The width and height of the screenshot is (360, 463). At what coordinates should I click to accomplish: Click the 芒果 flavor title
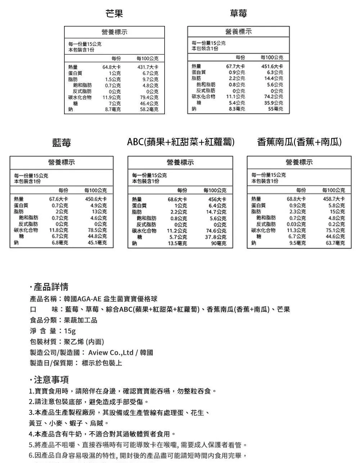(x=114, y=14)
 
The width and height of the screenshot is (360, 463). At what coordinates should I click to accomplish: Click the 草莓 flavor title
(x=238, y=14)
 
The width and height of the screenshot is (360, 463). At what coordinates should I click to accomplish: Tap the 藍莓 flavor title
(x=62, y=143)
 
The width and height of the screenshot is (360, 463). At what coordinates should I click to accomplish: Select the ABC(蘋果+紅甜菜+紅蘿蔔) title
(x=181, y=142)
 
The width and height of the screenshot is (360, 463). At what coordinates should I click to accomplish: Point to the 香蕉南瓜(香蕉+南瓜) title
(x=299, y=142)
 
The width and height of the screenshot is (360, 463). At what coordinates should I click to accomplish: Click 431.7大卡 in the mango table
(x=148, y=67)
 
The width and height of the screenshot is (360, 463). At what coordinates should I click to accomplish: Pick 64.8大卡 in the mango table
(x=112, y=67)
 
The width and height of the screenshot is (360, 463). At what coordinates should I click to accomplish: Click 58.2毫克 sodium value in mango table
(x=149, y=109)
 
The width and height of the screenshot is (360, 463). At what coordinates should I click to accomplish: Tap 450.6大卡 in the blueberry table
(x=95, y=199)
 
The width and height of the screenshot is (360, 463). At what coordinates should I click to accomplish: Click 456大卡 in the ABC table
(x=217, y=200)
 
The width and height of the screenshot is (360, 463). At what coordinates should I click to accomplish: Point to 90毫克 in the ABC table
(x=219, y=243)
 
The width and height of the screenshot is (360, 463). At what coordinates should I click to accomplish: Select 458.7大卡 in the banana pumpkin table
(x=334, y=199)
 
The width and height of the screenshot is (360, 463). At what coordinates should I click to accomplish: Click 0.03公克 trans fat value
(x=297, y=224)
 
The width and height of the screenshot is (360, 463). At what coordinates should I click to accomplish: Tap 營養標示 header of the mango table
(x=114, y=32)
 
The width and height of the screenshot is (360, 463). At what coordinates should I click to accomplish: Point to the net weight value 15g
(x=70, y=331)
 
